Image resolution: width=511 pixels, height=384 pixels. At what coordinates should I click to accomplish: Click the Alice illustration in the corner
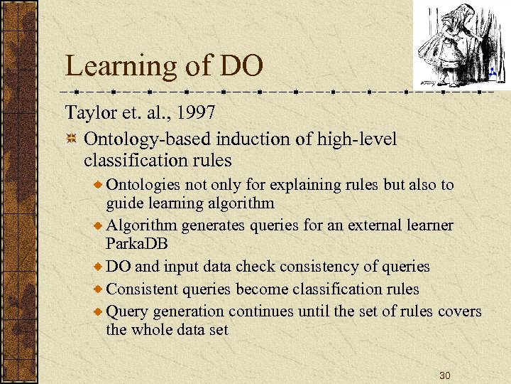(454, 43)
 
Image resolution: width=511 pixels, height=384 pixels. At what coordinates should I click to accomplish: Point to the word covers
(459, 311)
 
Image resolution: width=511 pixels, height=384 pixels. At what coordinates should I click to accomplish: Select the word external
(372, 226)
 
